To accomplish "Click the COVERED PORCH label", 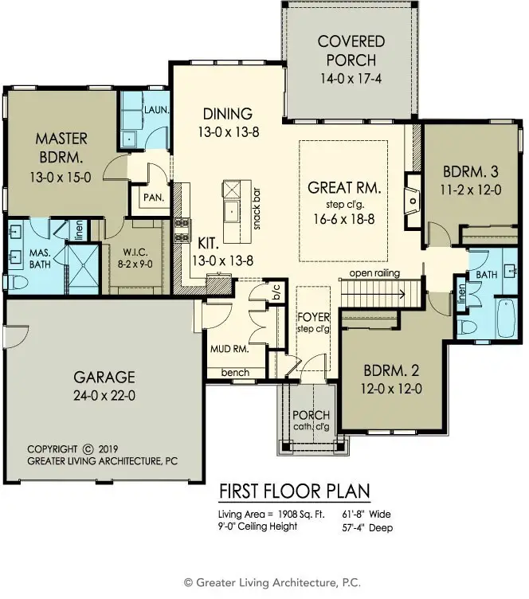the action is [351, 51].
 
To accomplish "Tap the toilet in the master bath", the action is [18, 283].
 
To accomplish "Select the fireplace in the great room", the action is [413, 201].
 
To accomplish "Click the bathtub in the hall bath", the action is [506, 318].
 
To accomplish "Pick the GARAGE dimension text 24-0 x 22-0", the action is [104, 395].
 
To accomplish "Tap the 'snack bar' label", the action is [257, 209].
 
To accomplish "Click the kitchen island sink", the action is [232, 211].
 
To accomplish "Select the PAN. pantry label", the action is [154, 198].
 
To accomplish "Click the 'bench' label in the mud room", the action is [235, 373].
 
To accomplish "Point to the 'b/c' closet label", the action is [277, 292].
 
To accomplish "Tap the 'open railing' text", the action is [374, 273].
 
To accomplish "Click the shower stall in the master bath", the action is [83, 269].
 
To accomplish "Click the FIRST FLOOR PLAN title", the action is [295, 491].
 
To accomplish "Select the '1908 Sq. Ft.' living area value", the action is [301, 515].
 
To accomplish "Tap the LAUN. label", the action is [157, 110].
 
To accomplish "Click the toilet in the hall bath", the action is [468, 327].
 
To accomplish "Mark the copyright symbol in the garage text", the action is [88, 449].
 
